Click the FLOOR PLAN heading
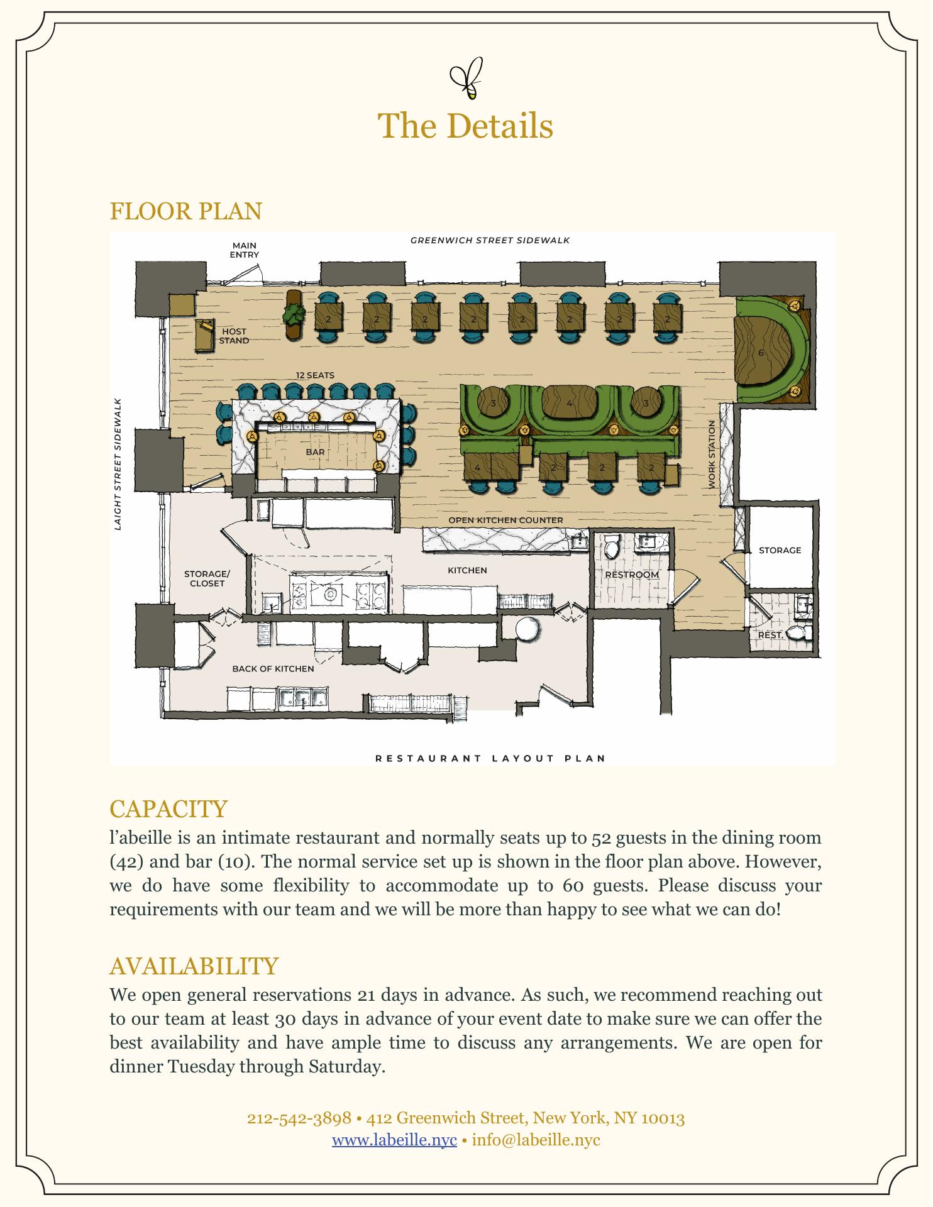(185, 212)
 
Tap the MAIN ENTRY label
(244, 250)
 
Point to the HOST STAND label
(234, 336)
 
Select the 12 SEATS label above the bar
(315, 375)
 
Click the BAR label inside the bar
(315, 452)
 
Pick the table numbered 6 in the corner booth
(761, 353)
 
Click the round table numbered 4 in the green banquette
(569, 404)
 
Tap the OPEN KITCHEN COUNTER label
(505, 520)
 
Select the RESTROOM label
(632, 575)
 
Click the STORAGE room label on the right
(780, 550)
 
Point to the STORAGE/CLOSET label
(207, 578)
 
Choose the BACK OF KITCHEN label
(273, 668)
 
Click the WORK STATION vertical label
(712, 455)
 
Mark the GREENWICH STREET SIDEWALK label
(490, 240)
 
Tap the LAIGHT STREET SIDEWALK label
(118, 464)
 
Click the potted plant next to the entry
(294, 313)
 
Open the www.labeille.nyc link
(394, 1140)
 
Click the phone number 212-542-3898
(299, 1118)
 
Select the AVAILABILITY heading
(194, 966)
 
